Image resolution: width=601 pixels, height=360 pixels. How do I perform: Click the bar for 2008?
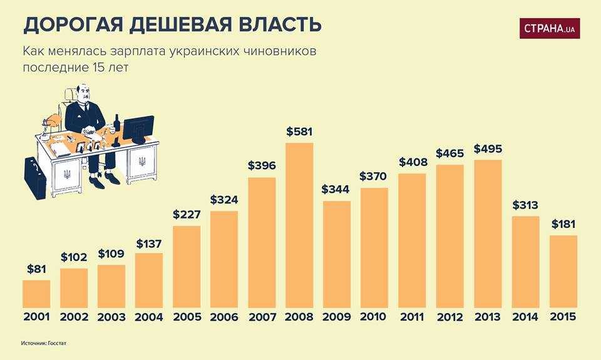click(299, 225)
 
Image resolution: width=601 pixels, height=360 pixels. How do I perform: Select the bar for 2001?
click(36, 294)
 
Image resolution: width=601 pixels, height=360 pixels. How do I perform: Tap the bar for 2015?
click(563, 271)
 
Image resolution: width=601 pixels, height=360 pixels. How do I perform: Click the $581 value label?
click(299, 132)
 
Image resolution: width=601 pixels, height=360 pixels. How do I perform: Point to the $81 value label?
click(36, 269)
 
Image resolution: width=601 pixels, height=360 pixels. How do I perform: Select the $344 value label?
click(337, 189)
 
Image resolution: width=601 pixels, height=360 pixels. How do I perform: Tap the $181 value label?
click(563, 224)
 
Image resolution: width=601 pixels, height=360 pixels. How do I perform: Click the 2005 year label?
click(187, 317)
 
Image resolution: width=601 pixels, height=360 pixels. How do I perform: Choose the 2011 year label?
click(412, 317)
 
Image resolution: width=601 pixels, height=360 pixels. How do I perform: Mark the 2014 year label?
click(525, 317)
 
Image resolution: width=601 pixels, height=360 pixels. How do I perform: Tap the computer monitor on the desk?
click(138, 128)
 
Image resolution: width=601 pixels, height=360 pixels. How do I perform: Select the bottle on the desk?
click(116, 123)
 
